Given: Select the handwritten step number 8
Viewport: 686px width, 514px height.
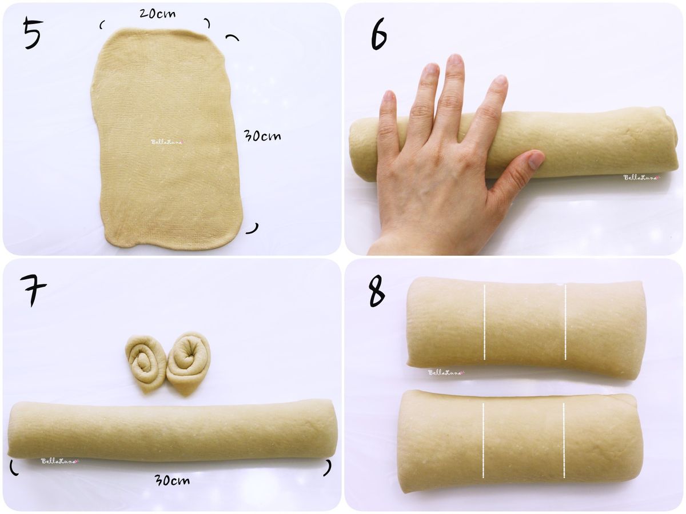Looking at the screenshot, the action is pos(377,292).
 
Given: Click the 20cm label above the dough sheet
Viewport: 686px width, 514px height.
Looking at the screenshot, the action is pos(157,13).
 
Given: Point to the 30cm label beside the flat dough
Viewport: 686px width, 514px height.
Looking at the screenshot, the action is pos(262,136).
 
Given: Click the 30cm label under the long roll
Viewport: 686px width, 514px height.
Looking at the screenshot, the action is pos(172,480).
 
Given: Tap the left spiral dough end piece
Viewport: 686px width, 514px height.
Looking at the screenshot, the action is pos(146,363).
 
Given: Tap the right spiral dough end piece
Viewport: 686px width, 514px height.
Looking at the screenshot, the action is pos(189,364).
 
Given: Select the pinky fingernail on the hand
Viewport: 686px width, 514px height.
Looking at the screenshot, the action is pos(389,95).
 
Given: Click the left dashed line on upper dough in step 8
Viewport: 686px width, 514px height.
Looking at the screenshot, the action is pos(484,322).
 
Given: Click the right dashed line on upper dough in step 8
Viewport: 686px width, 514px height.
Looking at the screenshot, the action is pos(565,322).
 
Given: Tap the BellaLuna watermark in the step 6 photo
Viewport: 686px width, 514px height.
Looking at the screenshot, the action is pos(642,178).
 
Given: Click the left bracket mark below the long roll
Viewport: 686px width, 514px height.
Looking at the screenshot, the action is pos(14,467).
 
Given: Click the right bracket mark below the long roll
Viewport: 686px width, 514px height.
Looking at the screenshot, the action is pos(328,468).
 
